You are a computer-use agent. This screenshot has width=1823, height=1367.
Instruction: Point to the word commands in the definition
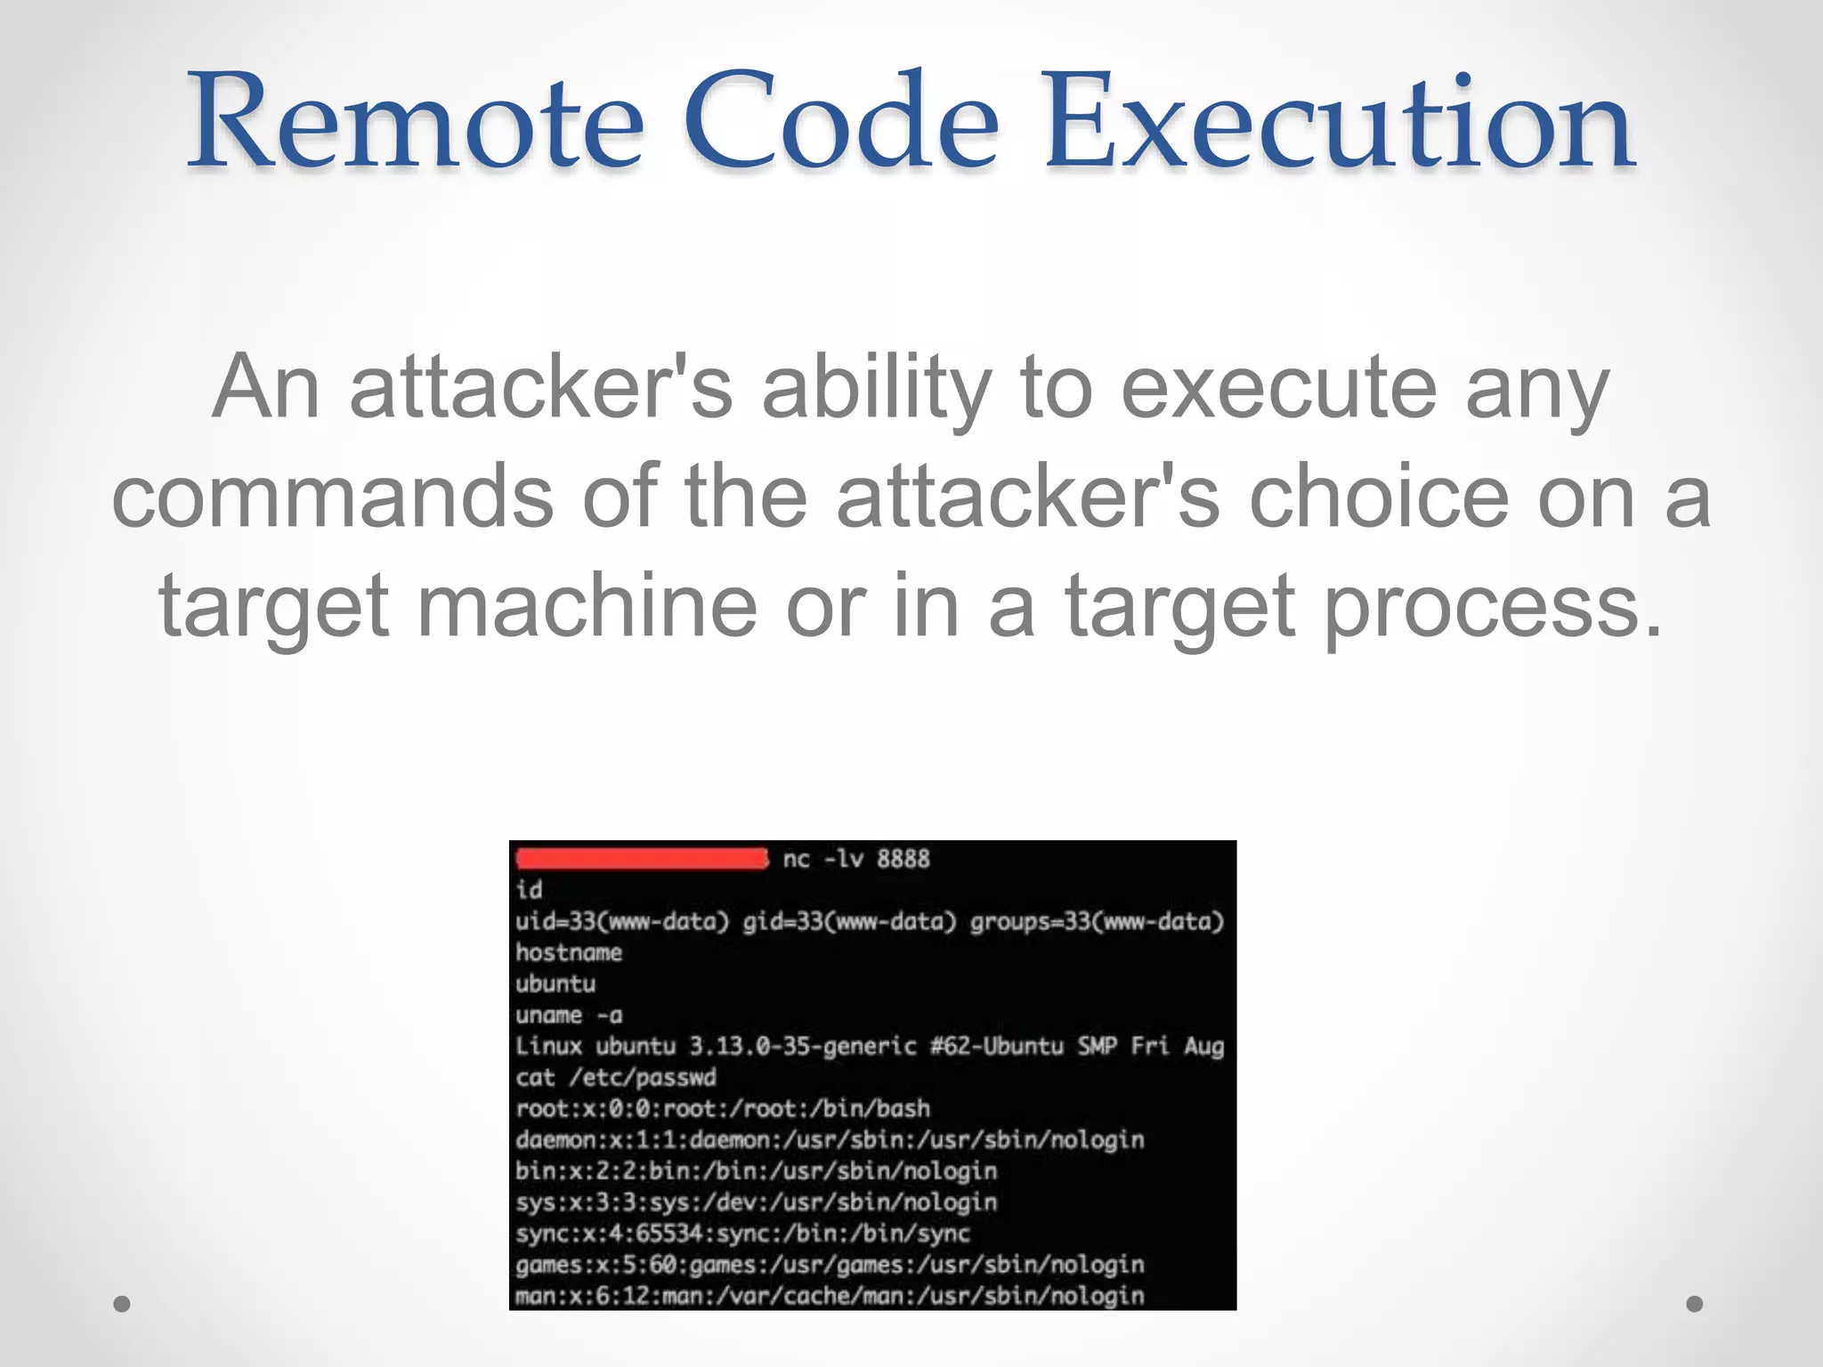[x=333, y=497]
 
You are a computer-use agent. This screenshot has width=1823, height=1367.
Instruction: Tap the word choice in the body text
[x=1379, y=497]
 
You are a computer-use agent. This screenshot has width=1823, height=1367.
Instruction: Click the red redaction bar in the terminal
[x=641, y=859]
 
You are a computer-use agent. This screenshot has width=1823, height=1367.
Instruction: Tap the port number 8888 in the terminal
[x=903, y=859]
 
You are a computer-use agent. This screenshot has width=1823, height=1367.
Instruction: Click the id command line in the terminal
[x=529, y=890]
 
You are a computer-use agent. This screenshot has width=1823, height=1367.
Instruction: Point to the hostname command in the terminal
[x=569, y=952]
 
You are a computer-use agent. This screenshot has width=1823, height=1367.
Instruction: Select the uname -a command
[x=569, y=1015]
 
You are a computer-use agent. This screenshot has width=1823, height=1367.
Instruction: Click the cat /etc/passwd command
[x=615, y=1078]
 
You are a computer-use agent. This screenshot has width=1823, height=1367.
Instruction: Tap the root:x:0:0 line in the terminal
[x=722, y=1109]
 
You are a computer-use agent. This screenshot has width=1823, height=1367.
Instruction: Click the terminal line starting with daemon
[x=829, y=1140]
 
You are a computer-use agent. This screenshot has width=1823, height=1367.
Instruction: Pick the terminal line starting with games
[x=829, y=1265]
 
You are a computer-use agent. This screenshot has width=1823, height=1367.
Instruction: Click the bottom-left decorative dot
[x=122, y=1304]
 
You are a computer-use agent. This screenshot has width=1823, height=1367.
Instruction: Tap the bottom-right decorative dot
[x=1695, y=1304]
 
